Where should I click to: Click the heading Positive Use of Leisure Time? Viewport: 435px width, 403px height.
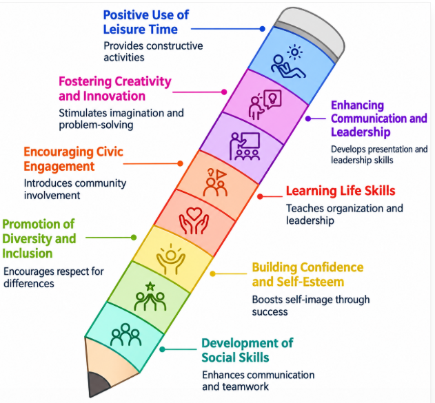146,22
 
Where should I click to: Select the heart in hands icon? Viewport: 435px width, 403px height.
194,221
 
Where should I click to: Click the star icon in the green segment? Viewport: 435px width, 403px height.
150,286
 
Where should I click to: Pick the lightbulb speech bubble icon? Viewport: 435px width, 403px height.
273,99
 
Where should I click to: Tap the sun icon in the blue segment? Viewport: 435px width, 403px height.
294,52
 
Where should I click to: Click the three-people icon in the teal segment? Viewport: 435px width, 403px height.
125,334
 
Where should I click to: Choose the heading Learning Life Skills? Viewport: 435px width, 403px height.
341,191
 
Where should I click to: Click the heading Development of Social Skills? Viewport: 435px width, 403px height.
247,350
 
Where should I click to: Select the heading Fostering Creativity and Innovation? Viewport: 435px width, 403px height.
115,89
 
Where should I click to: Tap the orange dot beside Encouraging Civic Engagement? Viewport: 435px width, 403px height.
180,163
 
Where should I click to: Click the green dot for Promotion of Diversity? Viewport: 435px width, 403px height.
134,237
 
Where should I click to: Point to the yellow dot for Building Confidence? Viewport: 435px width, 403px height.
213,273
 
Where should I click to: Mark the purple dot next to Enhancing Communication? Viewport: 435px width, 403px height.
308,118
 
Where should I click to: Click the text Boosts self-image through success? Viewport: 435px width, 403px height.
311,305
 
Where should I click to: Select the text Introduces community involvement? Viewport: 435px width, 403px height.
75,189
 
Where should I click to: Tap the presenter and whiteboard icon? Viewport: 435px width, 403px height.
245,146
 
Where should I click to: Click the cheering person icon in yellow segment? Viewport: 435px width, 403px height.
170,259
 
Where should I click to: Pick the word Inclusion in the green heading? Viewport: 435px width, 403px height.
27,254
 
